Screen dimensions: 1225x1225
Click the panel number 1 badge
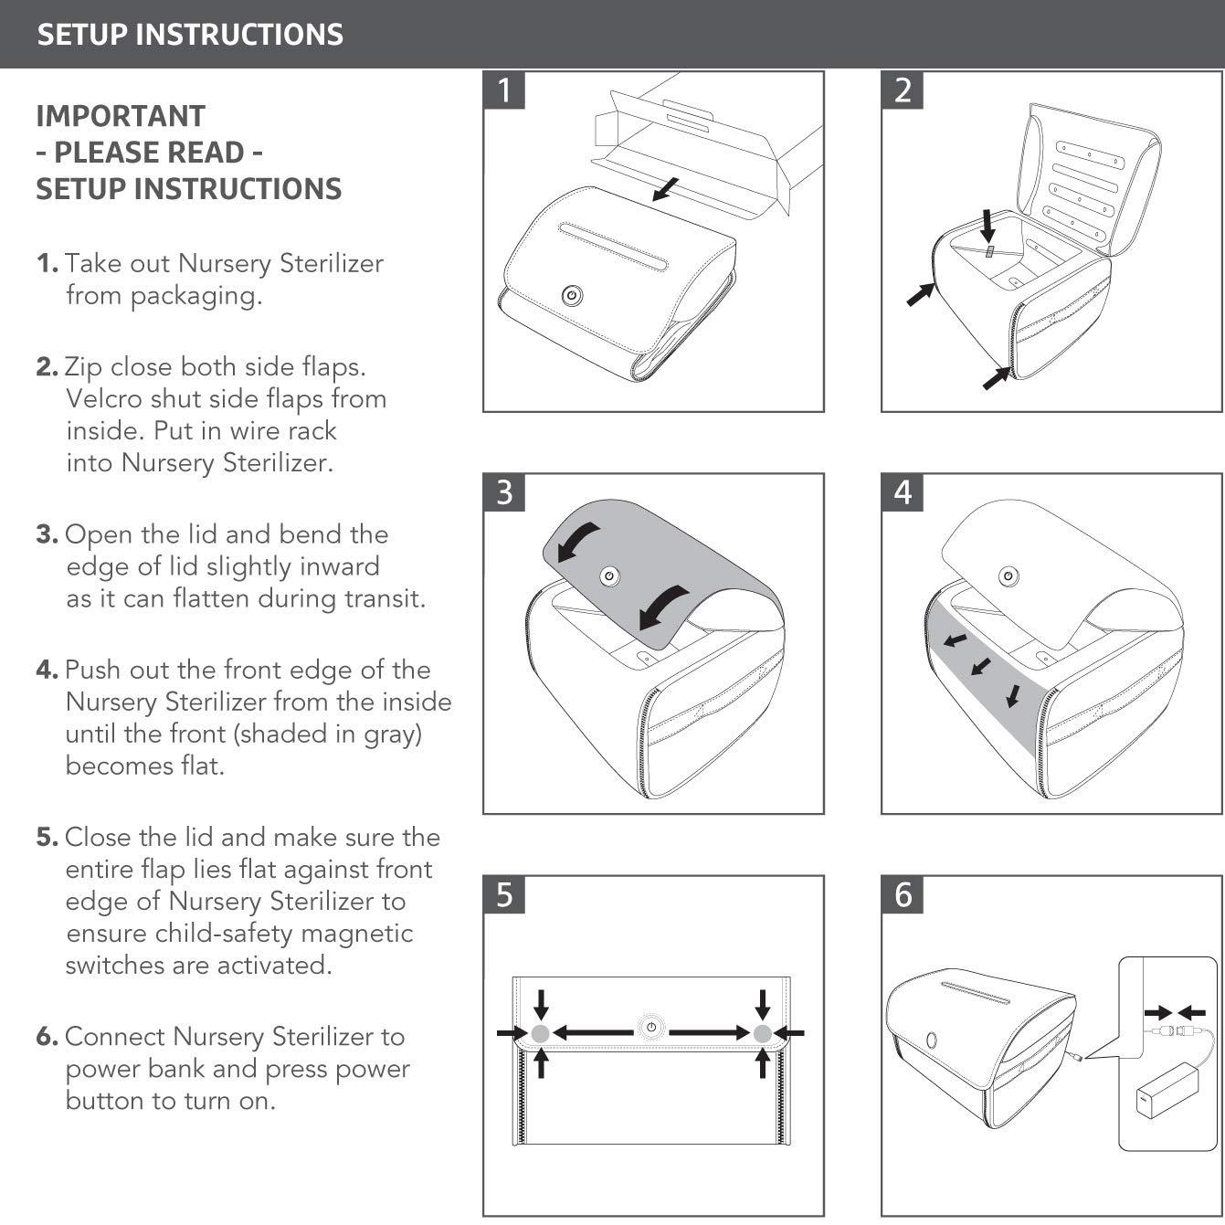tap(504, 90)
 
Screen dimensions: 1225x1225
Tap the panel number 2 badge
tap(903, 90)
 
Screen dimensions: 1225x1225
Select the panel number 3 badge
tap(504, 492)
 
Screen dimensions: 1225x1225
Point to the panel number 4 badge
tap(903, 492)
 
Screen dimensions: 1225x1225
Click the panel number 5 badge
tap(504, 894)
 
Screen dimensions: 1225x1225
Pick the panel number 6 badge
tap(903, 894)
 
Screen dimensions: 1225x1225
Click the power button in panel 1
tap(572, 295)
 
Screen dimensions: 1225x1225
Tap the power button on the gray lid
tap(609, 576)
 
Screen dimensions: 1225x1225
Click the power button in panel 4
tap(1008, 576)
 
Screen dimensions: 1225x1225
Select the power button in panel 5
tap(650, 1028)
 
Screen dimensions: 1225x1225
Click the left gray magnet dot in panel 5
tap(540, 1033)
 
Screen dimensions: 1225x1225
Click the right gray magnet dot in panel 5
tap(763, 1033)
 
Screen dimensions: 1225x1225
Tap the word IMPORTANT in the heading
tap(121, 116)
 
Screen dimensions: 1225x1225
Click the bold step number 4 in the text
tap(47, 670)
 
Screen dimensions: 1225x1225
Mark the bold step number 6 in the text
tap(47, 1037)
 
